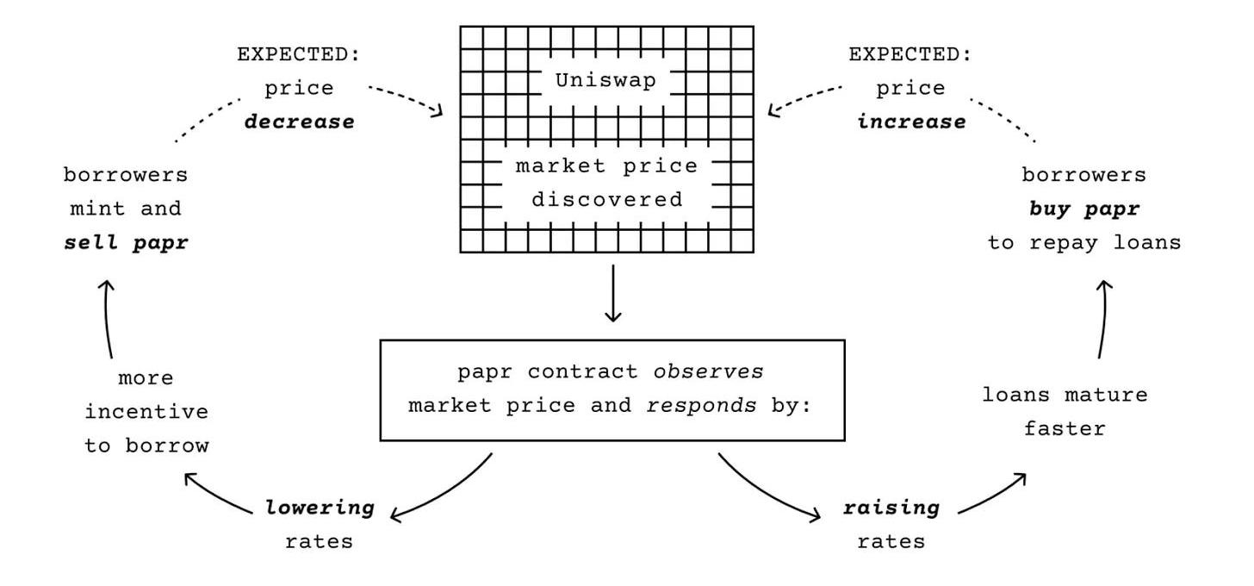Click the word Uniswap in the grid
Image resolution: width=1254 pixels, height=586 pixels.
(606, 81)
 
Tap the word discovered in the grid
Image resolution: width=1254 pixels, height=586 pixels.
(606, 200)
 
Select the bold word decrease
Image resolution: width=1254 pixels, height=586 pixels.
(299, 122)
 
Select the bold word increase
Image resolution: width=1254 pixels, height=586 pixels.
(911, 122)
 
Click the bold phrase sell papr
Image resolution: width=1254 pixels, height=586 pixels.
(126, 243)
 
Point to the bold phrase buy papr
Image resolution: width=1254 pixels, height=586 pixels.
(1083, 209)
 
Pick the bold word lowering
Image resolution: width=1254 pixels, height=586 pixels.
(320, 508)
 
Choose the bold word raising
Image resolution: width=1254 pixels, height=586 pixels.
(890, 508)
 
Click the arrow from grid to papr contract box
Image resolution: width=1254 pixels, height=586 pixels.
(612, 293)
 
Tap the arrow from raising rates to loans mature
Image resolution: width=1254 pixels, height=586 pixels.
(990, 493)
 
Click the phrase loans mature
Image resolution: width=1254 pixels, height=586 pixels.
(1065, 396)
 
